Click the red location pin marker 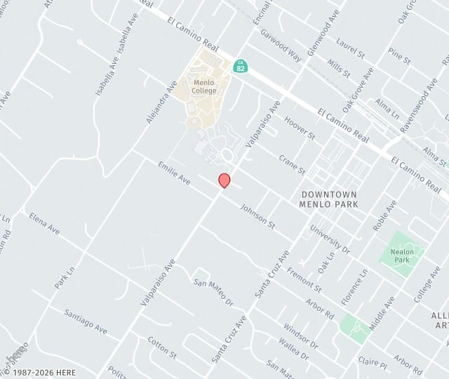(224, 180)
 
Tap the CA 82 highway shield (240, 67)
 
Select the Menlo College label (205, 86)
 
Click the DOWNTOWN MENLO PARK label (329, 199)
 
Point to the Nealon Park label (401, 255)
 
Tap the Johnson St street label (257, 214)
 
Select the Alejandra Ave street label (161, 102)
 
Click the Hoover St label (300, 128)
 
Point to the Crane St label (292, 165)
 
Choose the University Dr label (330, 239)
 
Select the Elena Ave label (45, 223)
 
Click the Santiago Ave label (86, 321)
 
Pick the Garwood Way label (281, 46)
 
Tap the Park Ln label (65, 277)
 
